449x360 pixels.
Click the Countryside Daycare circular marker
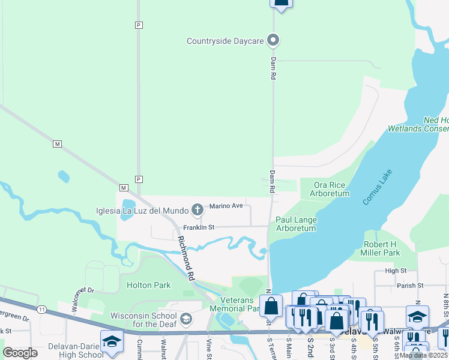pyautogui.click(x=274, y=41)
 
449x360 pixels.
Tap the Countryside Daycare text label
pyautogui.click(x=226, y=41)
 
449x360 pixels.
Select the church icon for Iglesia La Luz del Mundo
pyautogui.click(x=197, y=209)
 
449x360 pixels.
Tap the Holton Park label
pyautogui.click(x=148, y=285)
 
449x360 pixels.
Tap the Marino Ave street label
pyautogui.click(x=226, y=206)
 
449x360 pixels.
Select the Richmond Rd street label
pyautogui.click(x=187, y=258)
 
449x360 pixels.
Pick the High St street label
pyautogui.click(x=396, y=271)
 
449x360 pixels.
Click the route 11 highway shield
pyautogui.click(x=41, y=309)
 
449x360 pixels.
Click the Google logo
pyautogui.click(x=20, y=353)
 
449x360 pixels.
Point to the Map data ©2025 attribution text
pyautogui.click(x=423, y=355)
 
